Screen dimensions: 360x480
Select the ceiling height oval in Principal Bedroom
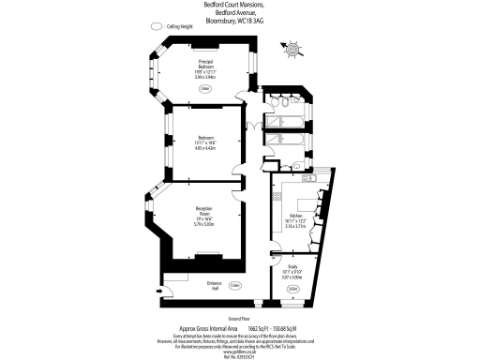point(204,89)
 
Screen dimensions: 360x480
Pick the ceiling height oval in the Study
point(293,288)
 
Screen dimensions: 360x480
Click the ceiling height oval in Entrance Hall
point(237,284)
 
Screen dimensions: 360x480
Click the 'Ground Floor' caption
point(239,319)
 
